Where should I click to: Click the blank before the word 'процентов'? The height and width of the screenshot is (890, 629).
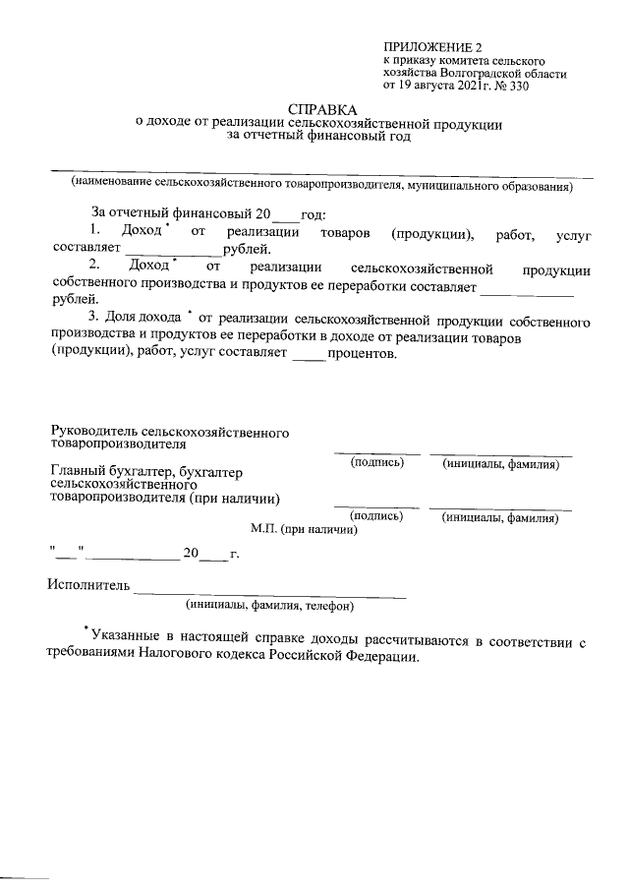pyautogui.click(x=309, y=355)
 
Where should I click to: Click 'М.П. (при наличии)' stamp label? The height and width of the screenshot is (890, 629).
pyautogui.click(x=304, y=528)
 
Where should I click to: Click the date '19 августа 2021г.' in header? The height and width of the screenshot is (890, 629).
pyautogui.click(x=449, y=87)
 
